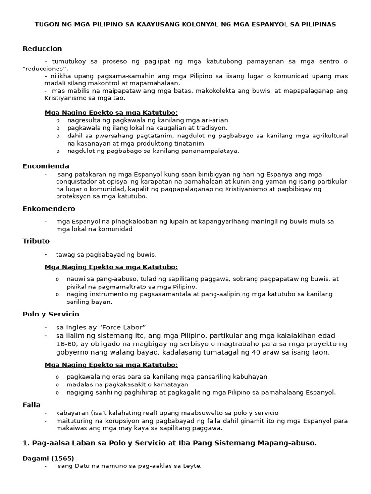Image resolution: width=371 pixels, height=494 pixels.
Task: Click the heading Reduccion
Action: pyautogui.click(x=42, y=49)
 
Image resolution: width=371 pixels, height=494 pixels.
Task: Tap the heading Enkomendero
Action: pyautogui.click(x=48, y=209)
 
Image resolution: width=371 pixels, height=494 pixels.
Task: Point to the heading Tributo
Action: pyautogui.click(x=36, y=241)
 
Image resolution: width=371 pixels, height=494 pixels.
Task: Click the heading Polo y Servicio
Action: pyautogui.click(x=50, y=314)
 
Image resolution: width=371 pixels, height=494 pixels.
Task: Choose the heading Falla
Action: pyautogui.click(x=31, y=405)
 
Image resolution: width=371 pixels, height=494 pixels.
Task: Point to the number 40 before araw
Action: pyautogui.click(x=267, y=352)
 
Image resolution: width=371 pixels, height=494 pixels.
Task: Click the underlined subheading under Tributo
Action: pyautogui.click(x=111, y=267)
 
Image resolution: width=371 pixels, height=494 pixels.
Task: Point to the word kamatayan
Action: pyautogui.click(x=169, y=384)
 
